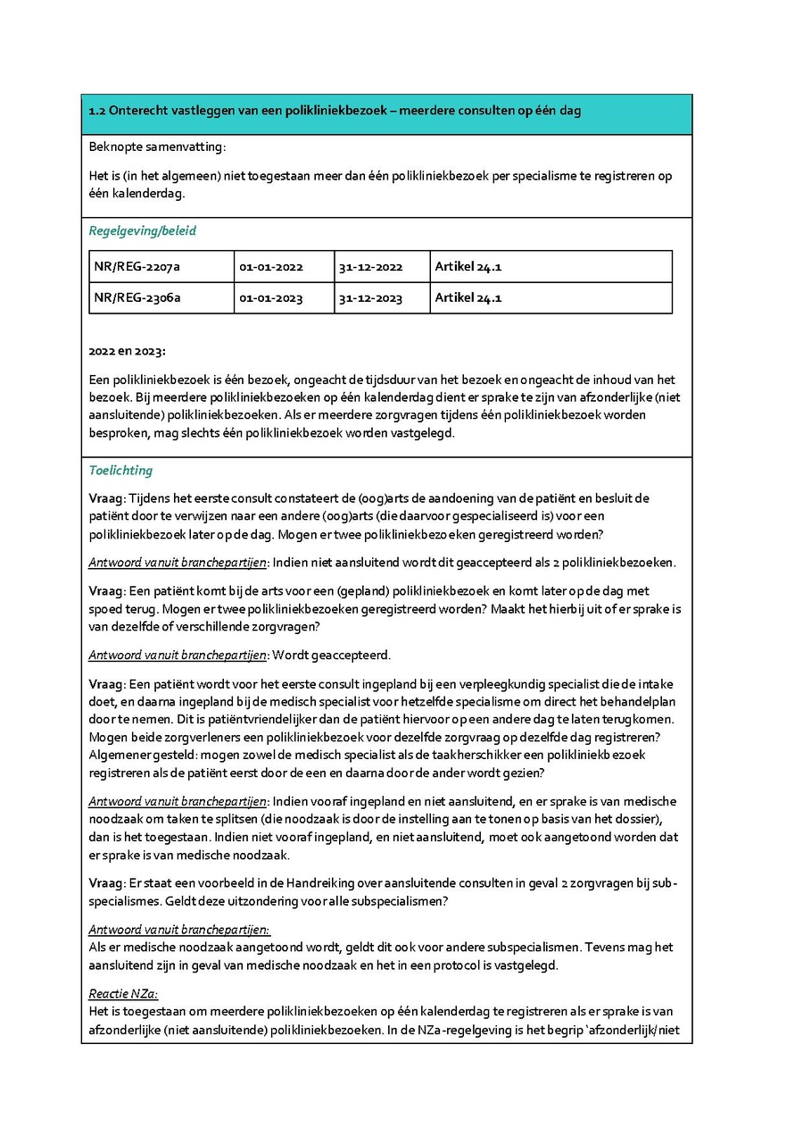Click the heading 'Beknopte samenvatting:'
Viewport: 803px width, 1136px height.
[145, 146]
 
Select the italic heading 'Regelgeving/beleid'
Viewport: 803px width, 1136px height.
[142, 230]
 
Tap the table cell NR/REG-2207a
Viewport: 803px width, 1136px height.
[137, 267]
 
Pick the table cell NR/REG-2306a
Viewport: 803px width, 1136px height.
[137, 298]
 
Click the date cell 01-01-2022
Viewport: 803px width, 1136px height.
[271, 267]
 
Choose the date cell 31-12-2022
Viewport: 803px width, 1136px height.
[370, 267]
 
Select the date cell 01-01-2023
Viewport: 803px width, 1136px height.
[271, 298]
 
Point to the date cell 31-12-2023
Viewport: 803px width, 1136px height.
[370, 298]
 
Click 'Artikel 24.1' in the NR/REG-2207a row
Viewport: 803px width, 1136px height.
[468, 267]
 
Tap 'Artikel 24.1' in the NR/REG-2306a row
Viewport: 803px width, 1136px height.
[468, 298]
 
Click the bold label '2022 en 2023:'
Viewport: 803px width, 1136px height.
[127, 351]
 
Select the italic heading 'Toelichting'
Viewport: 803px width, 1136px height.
[120, 471]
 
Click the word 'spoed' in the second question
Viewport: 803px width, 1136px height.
[104, 609]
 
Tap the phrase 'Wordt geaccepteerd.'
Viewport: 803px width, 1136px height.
[332, 656]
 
